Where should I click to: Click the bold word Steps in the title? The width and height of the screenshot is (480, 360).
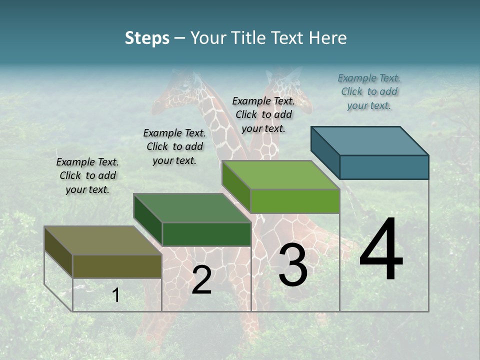(147, 38)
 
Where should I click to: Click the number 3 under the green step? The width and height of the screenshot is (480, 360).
(293, 265)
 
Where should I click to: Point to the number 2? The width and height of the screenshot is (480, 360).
(201, 280)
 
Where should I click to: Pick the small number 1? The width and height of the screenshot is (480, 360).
(116, 295)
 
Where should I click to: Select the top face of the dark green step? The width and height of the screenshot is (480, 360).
(192, 208)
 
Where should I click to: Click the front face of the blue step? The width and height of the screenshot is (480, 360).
(384, 167)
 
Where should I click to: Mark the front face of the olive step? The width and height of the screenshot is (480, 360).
(117, 266)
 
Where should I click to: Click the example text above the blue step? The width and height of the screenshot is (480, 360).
(369, 91)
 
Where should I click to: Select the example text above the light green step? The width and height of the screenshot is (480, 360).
(263, 114)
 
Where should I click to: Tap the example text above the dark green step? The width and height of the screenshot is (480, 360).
(174, 146)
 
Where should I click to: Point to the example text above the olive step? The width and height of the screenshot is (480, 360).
(87, 175)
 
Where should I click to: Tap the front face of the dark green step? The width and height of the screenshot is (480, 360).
(206, 234)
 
